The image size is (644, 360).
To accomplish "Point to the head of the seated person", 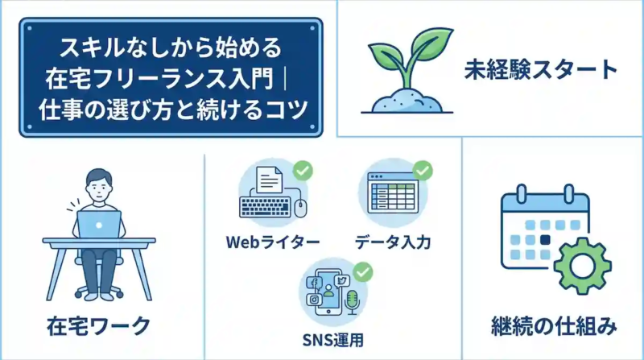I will pos(98,184).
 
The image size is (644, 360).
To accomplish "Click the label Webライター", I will pos(274,242).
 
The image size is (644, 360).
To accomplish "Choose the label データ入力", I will pos(392,242).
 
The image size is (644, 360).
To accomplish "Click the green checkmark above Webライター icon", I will pos(303,170).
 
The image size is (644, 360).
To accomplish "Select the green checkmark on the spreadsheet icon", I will pos(423,170).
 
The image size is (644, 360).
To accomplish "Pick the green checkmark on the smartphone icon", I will pos(363,271).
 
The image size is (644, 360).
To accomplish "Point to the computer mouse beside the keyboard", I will pos(301,209).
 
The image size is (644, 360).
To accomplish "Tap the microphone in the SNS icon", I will pos(351,301).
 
